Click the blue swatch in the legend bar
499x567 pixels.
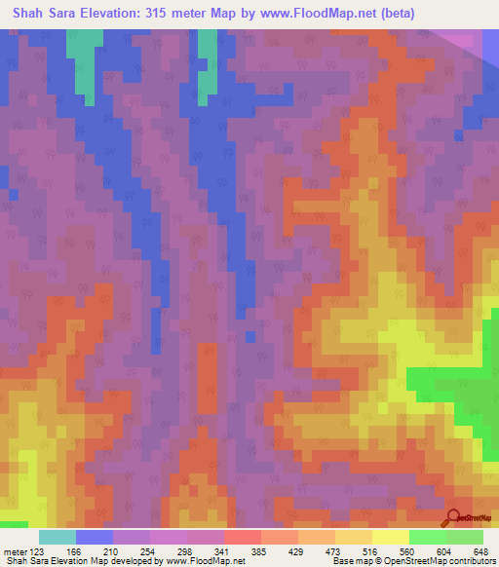(x=95, y=537)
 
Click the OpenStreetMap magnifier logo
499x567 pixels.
(x=452, y=518)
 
